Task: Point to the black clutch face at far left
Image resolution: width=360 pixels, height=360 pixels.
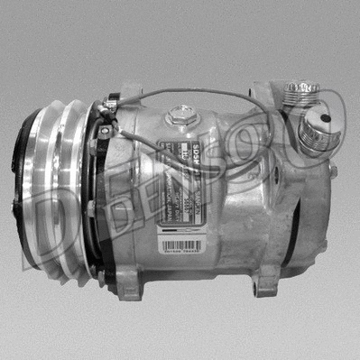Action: (27, 185)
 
